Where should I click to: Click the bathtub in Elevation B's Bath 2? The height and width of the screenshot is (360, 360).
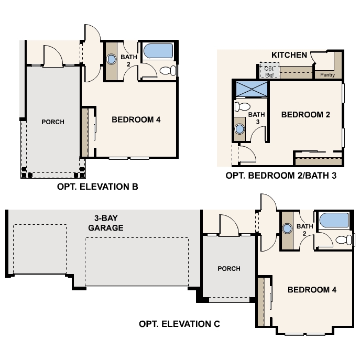158,51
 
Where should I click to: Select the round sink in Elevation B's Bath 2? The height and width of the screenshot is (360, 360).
111,59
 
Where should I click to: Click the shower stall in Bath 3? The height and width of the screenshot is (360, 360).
252,89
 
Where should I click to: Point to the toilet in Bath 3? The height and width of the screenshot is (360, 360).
242,107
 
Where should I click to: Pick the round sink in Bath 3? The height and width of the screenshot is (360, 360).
239,129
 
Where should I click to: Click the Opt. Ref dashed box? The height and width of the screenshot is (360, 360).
269,70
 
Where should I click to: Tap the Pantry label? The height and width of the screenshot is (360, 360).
328,75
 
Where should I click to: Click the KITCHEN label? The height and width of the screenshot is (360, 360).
289,55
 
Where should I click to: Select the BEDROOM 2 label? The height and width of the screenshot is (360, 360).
306,115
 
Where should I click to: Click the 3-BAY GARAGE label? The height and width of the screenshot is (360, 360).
106,223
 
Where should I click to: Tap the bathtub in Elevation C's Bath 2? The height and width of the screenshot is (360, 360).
334,221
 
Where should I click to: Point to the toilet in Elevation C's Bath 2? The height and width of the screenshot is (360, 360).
344,240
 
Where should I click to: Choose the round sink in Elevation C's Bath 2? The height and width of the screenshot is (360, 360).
287,228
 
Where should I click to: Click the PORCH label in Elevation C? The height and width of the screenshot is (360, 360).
229,269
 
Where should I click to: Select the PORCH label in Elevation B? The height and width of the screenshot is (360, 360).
53,122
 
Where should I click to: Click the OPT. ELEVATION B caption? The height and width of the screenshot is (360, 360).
97,187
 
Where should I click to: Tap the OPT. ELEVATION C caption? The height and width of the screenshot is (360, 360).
180,324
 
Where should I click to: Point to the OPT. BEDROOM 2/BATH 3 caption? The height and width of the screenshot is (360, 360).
281,176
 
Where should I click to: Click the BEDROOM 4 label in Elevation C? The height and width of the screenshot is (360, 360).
312,290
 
